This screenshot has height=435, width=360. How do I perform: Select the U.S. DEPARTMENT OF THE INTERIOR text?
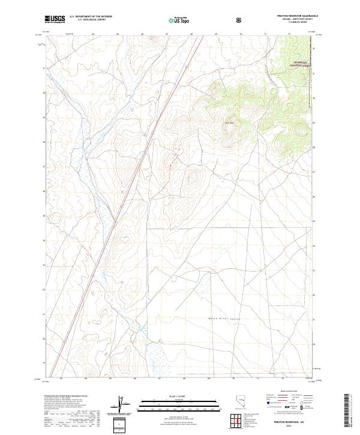coord(91,17)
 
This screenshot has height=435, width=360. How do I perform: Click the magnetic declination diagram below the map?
coord(119,405)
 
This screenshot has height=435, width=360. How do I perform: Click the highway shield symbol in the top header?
coord(240,20)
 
